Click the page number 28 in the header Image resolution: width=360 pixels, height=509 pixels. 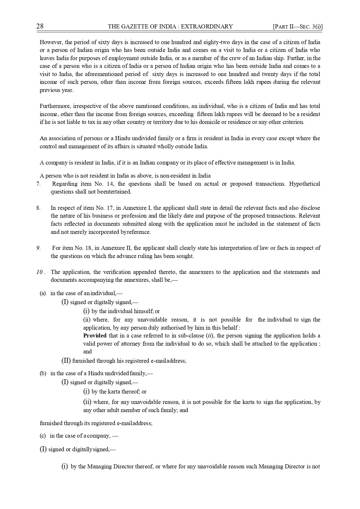coord(40,26)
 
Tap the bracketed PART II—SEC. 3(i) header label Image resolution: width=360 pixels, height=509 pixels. coord(298,27)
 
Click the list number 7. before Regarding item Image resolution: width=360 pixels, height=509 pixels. coord(38,184)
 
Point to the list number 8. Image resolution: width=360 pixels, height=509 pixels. coord(38,208)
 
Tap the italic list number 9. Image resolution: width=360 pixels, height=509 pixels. coord(38,248)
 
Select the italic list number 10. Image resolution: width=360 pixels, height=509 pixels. coord(40,272)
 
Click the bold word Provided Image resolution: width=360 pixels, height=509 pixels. coord(95,336)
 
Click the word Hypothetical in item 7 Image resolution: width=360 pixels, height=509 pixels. coord(305,184)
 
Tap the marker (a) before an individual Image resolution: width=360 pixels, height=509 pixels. coord(43,293)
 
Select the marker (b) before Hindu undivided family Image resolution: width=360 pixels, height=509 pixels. coord(43,373)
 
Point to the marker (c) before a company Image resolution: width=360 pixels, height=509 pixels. coord(43,436)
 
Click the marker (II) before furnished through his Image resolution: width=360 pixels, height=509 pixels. coord(66,361)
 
